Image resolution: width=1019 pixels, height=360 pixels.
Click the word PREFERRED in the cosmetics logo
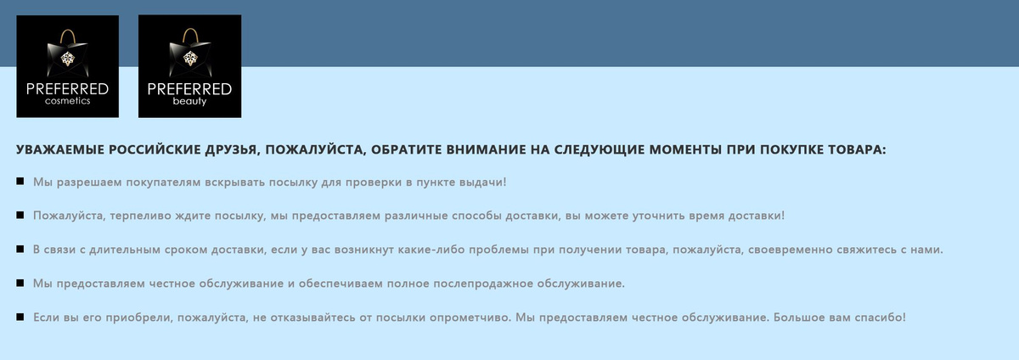tap(67, 89)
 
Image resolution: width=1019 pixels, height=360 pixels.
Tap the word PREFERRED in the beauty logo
tap(189, 89)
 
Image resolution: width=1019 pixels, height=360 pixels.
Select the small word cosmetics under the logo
tap(67, 101)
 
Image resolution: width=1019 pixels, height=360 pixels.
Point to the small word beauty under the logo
tap(189, 101)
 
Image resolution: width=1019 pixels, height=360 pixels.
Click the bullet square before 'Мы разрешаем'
tap(20, 182)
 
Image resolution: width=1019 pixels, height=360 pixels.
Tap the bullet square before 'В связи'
tap(20, 250)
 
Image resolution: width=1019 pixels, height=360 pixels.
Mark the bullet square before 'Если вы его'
tap(20, 318)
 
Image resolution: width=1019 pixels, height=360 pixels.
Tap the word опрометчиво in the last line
tap(459, 318)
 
